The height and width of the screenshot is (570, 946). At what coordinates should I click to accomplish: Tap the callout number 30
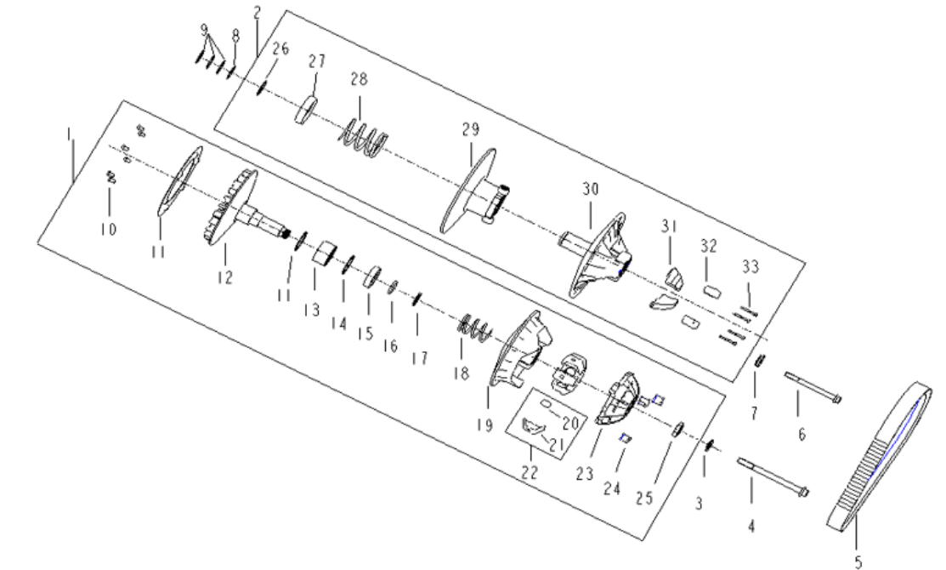point(592,188)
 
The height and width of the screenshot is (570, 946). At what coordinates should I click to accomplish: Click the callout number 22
point(529,470)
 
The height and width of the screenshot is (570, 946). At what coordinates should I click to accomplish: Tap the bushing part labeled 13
point(322,254)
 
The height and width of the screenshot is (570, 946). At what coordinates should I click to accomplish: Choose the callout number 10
point(110,230)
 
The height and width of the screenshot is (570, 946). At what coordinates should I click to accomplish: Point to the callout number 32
point(709,247)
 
